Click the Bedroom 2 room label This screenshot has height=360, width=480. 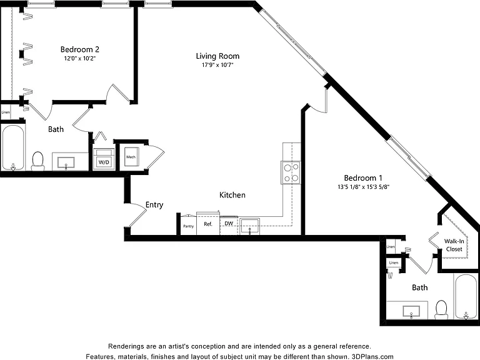(79, 49)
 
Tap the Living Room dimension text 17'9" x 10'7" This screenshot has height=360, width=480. (217, 65)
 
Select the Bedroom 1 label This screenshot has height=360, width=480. (363, 178)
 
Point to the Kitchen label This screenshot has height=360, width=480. (232, 195)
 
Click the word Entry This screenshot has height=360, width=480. (154, 205)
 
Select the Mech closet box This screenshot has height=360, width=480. (131, 157)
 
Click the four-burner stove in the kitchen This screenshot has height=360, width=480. (291, 172)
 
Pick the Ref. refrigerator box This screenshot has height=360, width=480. (208, 224)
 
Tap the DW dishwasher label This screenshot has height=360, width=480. (229, 224)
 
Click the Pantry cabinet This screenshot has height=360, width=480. (189, 226)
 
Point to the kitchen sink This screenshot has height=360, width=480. (249, 226)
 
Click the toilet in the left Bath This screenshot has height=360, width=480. (38, 161)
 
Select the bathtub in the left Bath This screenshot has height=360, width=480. (13, 147)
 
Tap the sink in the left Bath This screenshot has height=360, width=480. (66, 162)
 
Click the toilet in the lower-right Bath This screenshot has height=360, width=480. (441, 309)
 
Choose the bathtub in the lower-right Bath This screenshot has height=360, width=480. (466, 297)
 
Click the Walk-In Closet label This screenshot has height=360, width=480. (454, 245)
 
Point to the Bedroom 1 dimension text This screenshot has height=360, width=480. (363, 187)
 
